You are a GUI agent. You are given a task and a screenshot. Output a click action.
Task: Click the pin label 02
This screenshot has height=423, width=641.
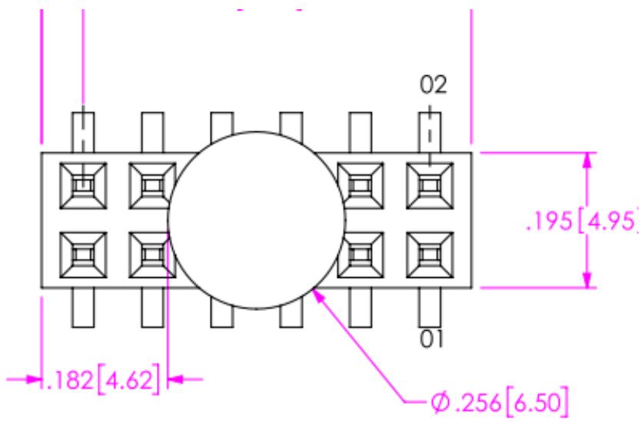tap(433, 85)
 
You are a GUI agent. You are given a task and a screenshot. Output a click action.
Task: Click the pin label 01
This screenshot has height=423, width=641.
tap(431, 339)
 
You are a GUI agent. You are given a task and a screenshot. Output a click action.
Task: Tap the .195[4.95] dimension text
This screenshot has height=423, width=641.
tap(583, 221)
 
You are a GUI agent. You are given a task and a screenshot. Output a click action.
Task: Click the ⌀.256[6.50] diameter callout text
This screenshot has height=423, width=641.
tap(500, 402)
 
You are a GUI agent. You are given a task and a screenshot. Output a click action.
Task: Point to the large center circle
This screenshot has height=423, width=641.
tap(169, 220)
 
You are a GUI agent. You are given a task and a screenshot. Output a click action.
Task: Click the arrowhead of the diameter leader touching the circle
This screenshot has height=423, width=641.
tap(318, 295)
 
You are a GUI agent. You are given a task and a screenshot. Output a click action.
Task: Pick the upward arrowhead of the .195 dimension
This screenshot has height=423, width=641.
tap(587, 160)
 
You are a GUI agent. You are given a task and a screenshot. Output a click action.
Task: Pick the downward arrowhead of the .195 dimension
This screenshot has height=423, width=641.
tap(587, 280)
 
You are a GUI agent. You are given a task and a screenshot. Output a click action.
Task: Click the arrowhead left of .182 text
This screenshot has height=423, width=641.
tap(34, 380)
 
